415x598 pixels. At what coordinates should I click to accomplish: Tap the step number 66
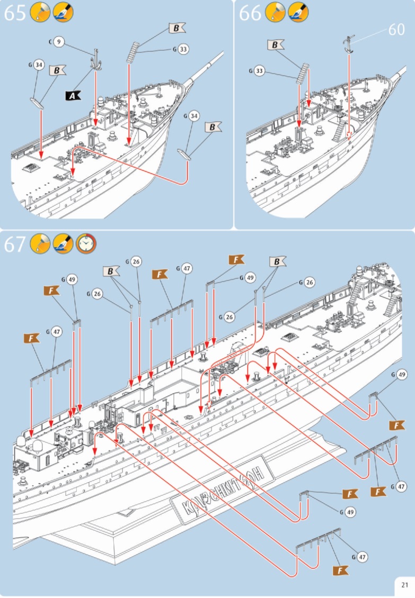[250, 13]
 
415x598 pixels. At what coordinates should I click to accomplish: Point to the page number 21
[404, 585]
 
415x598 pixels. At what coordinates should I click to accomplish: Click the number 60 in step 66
[396, 30]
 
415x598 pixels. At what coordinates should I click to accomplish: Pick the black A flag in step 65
[72, 95]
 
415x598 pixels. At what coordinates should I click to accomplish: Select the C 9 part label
[57, 41]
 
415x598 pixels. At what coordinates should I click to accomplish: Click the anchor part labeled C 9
[96, 60]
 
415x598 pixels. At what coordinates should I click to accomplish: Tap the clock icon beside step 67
[86, 244]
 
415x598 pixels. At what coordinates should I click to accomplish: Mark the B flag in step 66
[275, 46]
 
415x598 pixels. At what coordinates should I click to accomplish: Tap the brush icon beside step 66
[297, 13]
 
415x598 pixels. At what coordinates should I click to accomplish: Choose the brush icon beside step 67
[63, 244]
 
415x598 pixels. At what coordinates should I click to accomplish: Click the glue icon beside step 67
[39, 244]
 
